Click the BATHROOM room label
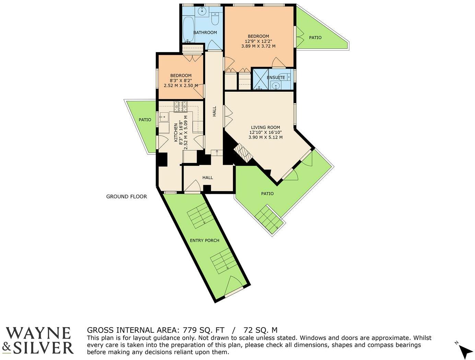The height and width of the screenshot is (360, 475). coord(205,33)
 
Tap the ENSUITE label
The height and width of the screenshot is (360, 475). coord(276,78)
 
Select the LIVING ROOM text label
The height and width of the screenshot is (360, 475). coord(265,128)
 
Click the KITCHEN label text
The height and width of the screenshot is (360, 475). coord(176,133)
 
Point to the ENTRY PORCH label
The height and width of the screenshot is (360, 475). coord(204,241)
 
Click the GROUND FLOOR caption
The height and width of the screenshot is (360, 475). coord(127,197)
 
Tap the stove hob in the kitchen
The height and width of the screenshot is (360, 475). coord(180,107)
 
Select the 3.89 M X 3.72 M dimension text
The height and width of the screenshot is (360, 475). coord(258,46)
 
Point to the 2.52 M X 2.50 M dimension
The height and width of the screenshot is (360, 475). coord(181,85)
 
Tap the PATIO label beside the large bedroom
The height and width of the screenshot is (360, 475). coord(315,38)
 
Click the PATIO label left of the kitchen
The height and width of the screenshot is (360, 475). coord(145,120)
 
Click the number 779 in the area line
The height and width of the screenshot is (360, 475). coord(190,330)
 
